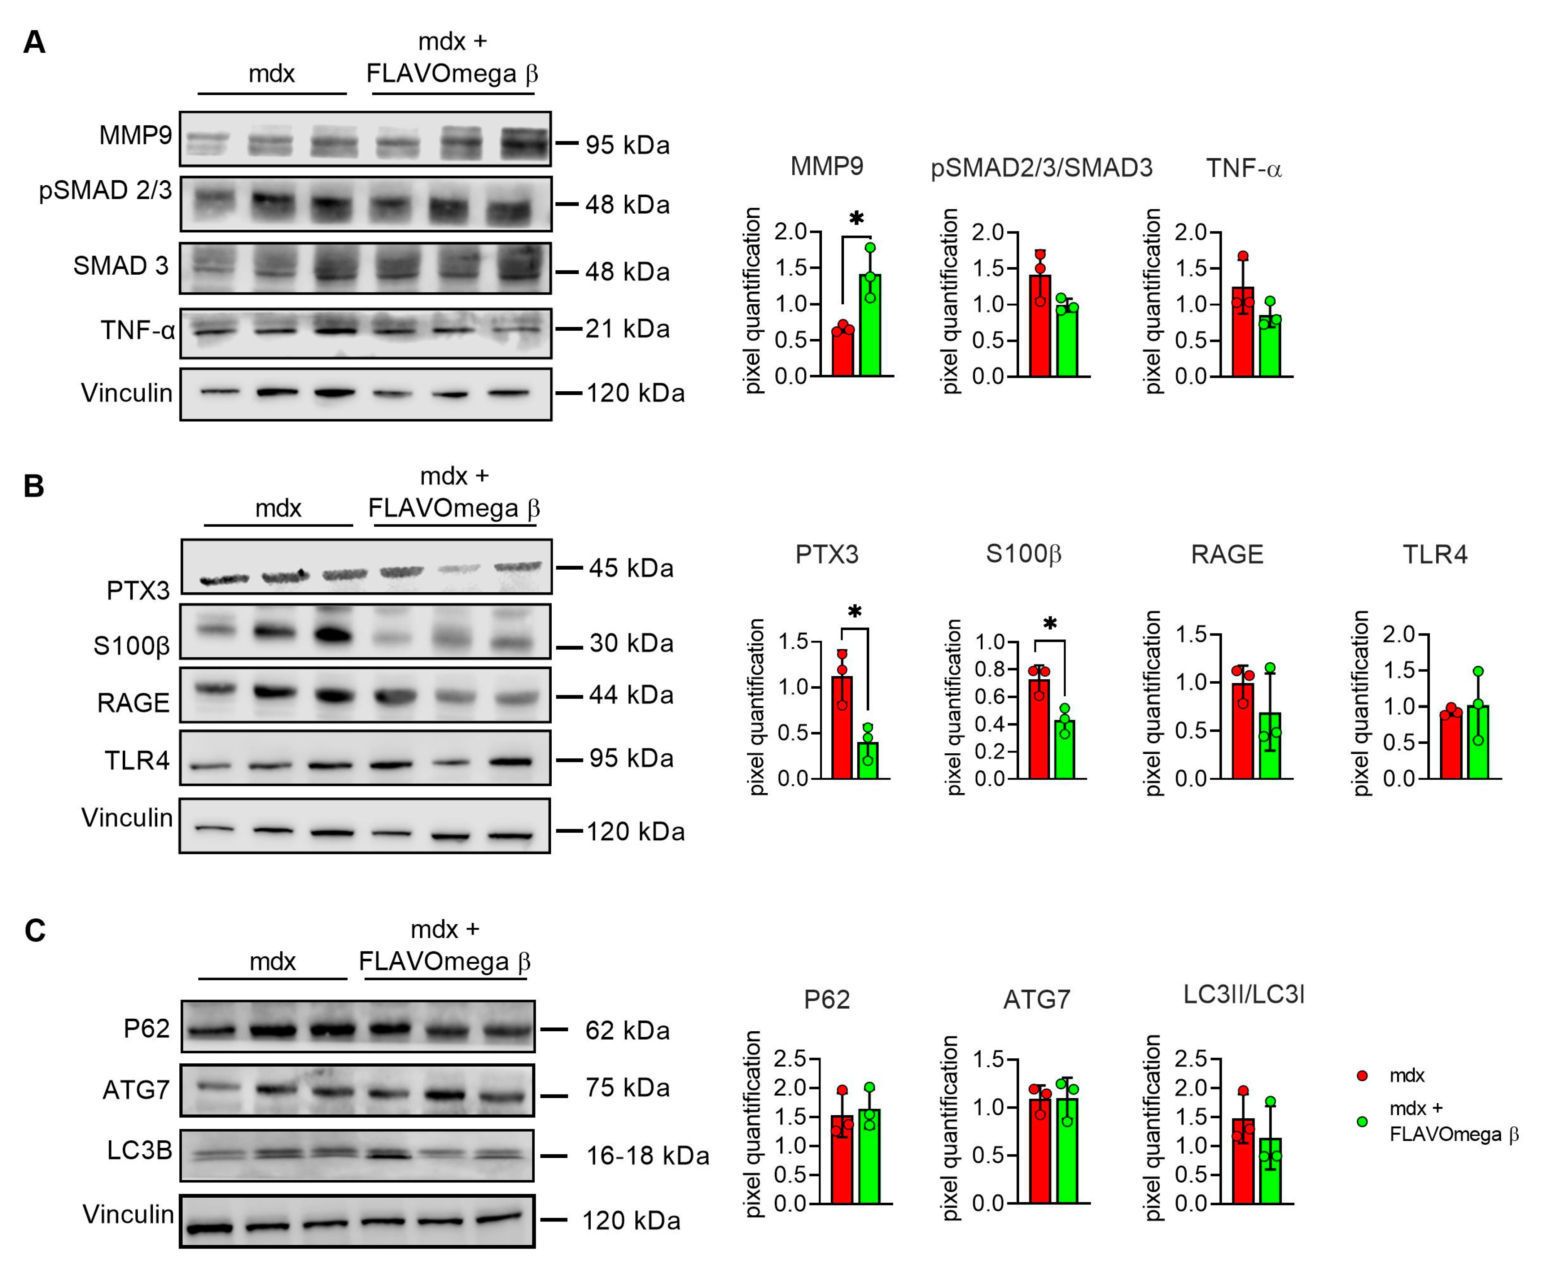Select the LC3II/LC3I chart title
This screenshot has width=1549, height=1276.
(1243, 994)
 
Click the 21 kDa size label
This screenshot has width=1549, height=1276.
(627, 328)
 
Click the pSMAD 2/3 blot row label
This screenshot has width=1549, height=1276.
(105, 190)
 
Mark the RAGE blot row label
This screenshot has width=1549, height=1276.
(133, 703)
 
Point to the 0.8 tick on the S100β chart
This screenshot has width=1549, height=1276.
(989, 669)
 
